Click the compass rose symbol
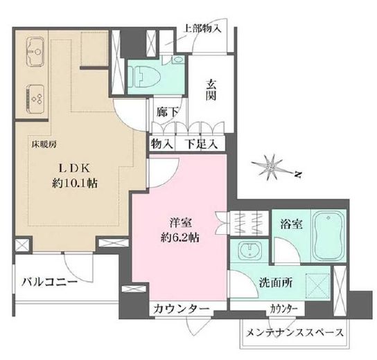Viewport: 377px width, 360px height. [x=272, y=165]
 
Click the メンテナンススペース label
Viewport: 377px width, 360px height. [x=294, y=332]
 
